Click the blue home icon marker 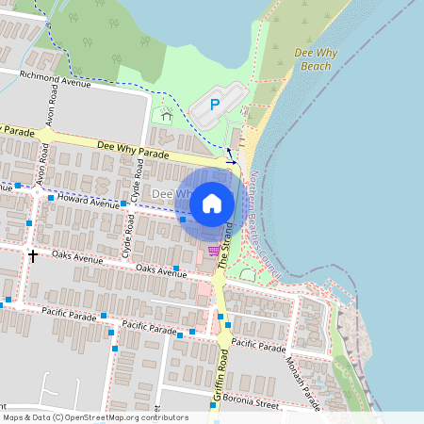(x=212, y=203)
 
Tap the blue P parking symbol (x=214, y=106)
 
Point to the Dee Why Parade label (x=133, y=149)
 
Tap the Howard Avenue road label (x=90, y=201)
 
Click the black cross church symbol (x=33, y=254)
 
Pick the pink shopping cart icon (x=215, y=251)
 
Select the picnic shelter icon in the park (x=166, y=115)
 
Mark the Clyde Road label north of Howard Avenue (x=139, y=175)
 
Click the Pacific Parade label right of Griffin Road (x=258, y=346)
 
